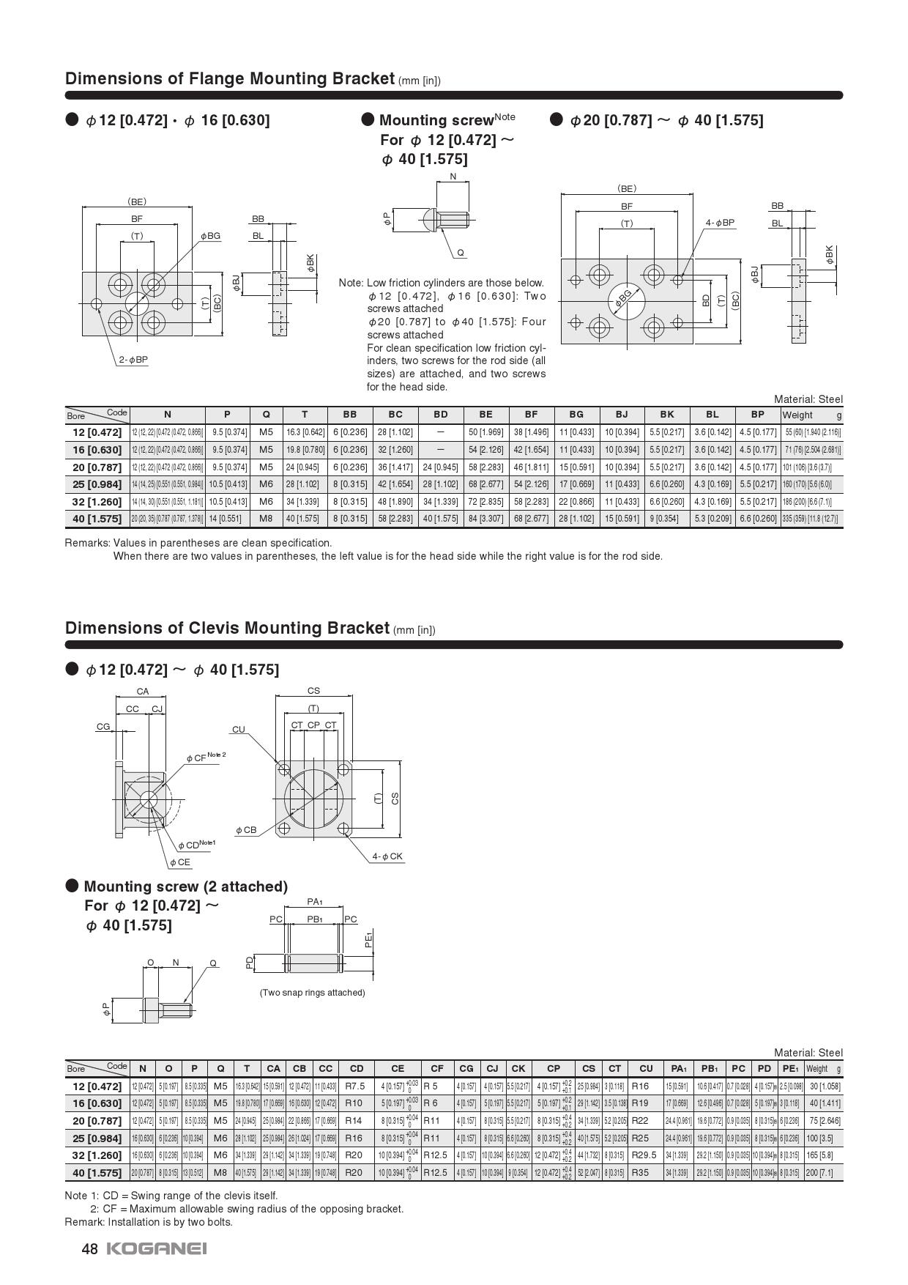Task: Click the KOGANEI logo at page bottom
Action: (x=157, y=1248)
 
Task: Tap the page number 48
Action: (x=89, y=1249)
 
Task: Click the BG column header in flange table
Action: (x=576, y=414)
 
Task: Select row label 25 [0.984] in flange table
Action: (x=97, y=484)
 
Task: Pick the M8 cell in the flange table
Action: (x=266, y=519)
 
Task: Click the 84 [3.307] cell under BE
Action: (x=485, y=519)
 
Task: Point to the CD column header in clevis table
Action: (x=356, y=1068)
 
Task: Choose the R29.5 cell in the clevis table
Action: (x=644, y=1155)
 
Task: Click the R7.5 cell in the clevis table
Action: (x=355, y=1086)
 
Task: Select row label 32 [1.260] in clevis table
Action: (x=97, y=1155)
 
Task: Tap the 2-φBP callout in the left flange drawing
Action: (x=133, y=360)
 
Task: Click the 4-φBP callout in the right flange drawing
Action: (x=720, y=222)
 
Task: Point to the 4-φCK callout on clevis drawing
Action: (x=387, y=856)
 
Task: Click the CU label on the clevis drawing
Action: (x=238, y=729)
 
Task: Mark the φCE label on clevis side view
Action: (x=179, y=862)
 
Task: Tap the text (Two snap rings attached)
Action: (x=312, y=992)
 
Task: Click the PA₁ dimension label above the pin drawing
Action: (x=315, y=902)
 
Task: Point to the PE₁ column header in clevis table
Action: (x=790, y=1068)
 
